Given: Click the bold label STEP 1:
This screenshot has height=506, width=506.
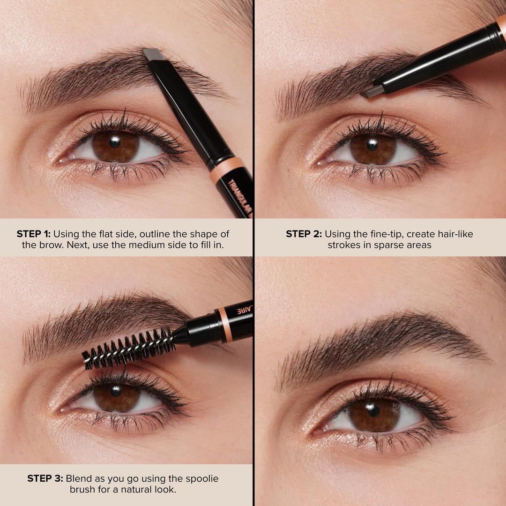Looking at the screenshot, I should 34,234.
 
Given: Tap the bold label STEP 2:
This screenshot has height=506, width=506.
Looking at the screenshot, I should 304,234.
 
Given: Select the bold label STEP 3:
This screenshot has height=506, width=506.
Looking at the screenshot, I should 45,478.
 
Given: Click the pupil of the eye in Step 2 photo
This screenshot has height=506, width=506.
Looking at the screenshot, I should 373,145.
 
